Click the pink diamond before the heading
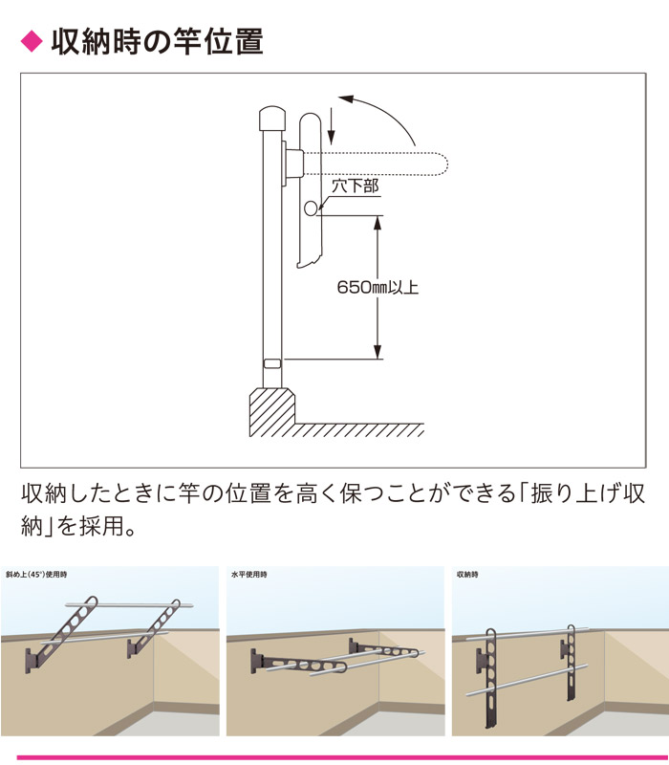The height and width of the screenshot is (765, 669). click(x=32, y=42)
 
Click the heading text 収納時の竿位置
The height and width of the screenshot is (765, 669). click(x=157, y=42)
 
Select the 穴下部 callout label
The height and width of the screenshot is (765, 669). click(x=356, y=186)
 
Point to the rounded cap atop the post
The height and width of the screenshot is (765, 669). click(x=271, y=120)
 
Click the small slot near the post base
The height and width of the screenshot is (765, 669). click(x=271, y=363)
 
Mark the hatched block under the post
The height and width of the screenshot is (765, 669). click(x=273, y=411)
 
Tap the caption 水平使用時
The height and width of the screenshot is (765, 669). click(x=249, y=575)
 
